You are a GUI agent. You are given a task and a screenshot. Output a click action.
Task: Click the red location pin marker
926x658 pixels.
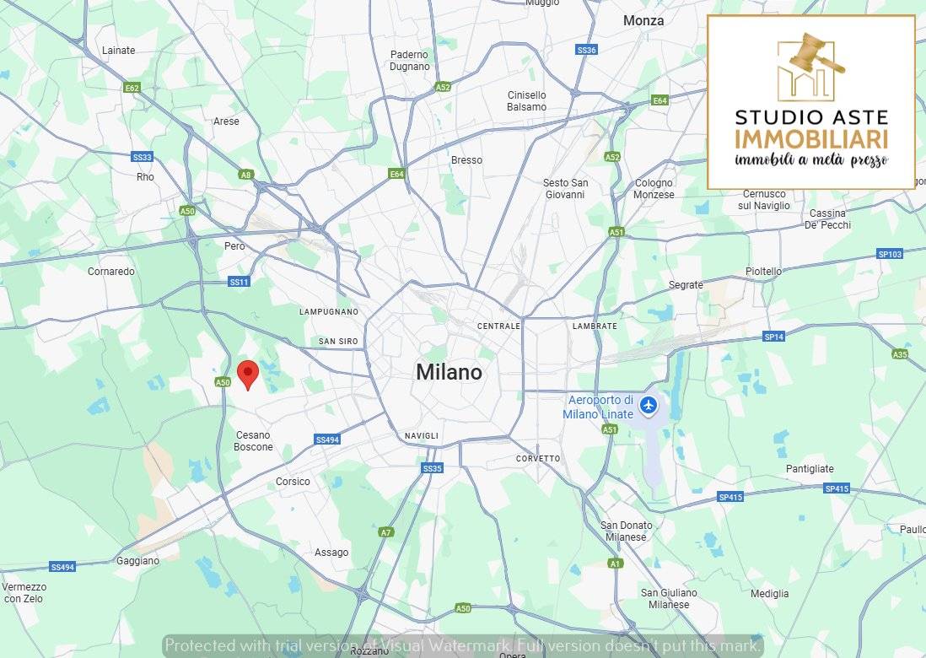click(247, 373)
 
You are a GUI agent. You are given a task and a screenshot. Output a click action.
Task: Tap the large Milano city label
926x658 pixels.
click(449, 372)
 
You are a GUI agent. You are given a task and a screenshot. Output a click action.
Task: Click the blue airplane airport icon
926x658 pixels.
click(648, 406)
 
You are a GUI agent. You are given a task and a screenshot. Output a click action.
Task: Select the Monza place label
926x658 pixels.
click(643, 20)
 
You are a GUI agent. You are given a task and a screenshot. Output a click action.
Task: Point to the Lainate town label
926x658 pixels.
click(118, 51)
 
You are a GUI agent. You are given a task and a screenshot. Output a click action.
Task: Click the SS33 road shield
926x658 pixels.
click(143, 157)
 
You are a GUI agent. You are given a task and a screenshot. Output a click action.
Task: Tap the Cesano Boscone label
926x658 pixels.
click(253, 441)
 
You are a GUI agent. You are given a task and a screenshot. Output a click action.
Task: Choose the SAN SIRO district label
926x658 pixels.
click(338, 342)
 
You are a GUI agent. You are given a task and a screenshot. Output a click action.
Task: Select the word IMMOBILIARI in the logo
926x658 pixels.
click(811, 140)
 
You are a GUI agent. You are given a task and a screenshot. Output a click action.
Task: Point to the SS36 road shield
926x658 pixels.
click(586, 51)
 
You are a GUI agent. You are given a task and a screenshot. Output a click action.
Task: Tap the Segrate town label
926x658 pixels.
click(686, 285)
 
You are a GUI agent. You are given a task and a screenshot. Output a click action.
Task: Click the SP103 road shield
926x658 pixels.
click(890, 254)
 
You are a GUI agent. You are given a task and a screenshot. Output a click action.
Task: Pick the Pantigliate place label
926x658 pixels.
click(810, 469)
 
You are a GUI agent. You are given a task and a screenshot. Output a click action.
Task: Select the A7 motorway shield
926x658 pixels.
click(386, 532)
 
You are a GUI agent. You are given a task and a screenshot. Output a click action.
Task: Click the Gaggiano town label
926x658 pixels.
click(137, 561)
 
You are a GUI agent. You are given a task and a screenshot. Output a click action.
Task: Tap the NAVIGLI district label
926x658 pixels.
click(422, 436)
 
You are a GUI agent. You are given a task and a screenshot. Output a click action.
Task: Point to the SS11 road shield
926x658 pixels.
click(239, 282)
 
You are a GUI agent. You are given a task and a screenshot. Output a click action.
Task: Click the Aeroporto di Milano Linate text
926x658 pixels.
click(600, 407)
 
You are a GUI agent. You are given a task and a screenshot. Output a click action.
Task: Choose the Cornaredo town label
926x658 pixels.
click(111, 272)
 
